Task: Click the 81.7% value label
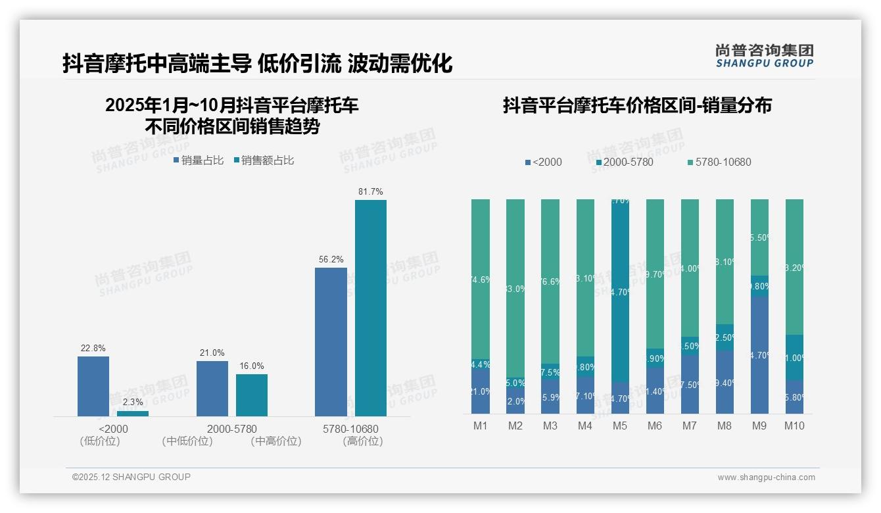coord(370,192)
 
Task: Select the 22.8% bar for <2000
coord(93,386)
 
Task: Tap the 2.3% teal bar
coord(133,414)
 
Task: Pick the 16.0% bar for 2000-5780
coord(252,395)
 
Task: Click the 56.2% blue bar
coord(331,341)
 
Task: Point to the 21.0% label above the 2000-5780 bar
coord(212,353)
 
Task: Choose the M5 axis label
coord(619,426)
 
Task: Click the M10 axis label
coord(794,426)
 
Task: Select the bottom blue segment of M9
coord(759,355)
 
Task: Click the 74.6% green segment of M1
coord(481,279)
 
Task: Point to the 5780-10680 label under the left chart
coord(350,429)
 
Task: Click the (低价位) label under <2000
coord(100,441)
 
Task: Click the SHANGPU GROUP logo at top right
coord(764,56)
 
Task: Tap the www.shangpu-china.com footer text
coord(766,477)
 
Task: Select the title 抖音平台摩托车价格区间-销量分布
coord(637,106)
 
